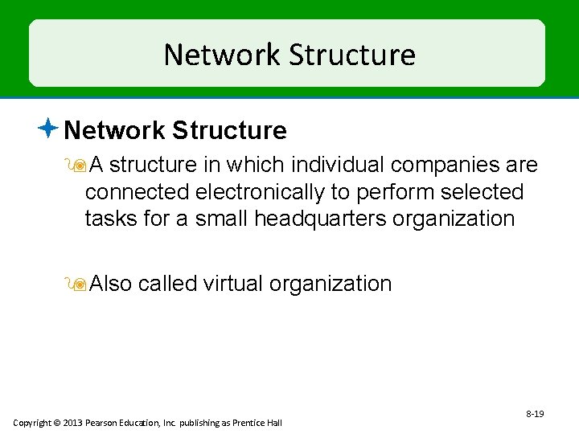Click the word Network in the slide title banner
click(222, 55)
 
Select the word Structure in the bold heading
click(229, 130)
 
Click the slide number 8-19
click(535, 414)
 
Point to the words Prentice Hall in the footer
click(258, 423)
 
